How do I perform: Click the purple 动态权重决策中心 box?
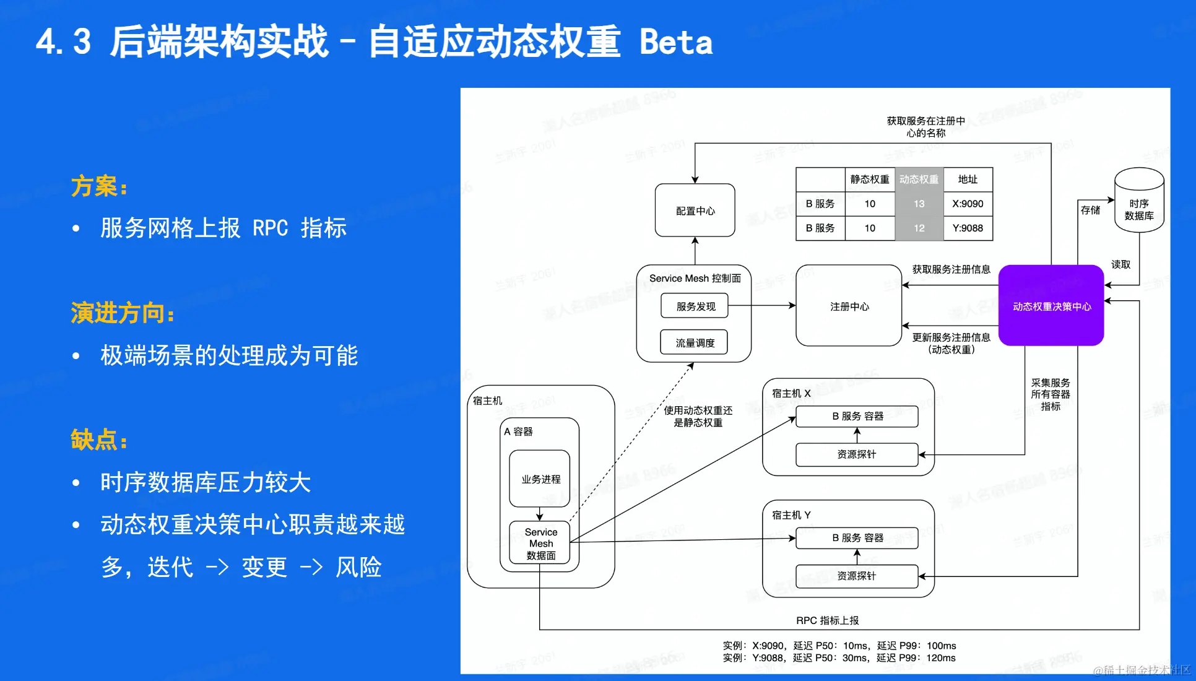pyautogui.click(x=1051, y=306)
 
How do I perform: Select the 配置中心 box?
pyautogui.click(x=695, y=210)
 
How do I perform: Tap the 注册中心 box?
pyautogui.click(x=849, y=306)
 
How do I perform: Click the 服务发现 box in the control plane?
pyautogui.click(x=695, y=306)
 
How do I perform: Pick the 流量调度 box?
pyautogui.click(x=695, y=342)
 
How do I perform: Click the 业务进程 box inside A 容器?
pyautogui.click(x=540, y=479)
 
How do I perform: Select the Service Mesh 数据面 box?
pyautogui.click(x=540, y=543)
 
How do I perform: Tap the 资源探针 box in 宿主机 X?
pyautogui.click(x=856, y=454)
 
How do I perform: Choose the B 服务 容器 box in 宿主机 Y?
pyautogui.click(x=857, y=537)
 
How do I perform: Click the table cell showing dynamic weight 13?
pyautogui.click(x=919, y=204)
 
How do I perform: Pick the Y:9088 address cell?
pyautogui.click(x=968, y=228)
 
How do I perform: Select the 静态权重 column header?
pyautogui.click(x=869, y=179)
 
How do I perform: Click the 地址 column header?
pyautogui.click(x=968, y=179)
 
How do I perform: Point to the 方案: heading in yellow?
pyautogui.click(x=99, y=186)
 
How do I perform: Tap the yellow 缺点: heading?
pyautogui.click(x=99, y=440)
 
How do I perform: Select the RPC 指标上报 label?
pyautogui.click(x=827, y=620)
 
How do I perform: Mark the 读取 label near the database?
pyautogui.click(x=1120, y=264)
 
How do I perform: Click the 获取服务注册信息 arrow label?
pyautogui.click(x=951, y=269)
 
